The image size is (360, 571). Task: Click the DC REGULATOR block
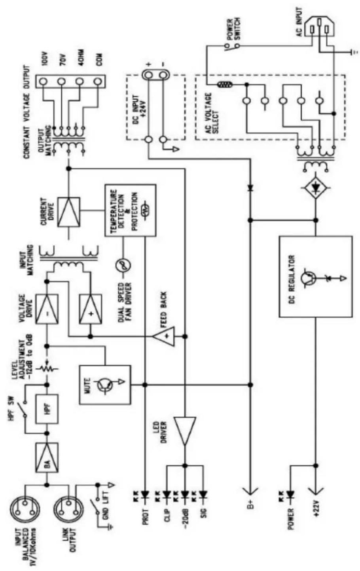[315, 277]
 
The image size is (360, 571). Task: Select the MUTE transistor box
[105, 384]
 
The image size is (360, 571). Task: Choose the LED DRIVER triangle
[185, 430]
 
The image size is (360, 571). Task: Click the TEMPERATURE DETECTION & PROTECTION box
[131, 210]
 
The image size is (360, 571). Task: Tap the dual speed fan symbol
[123, 266]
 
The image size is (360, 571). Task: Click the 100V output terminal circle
[43, 82]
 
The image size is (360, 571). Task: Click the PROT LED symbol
[145, 494]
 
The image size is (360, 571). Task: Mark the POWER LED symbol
[291, 494]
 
